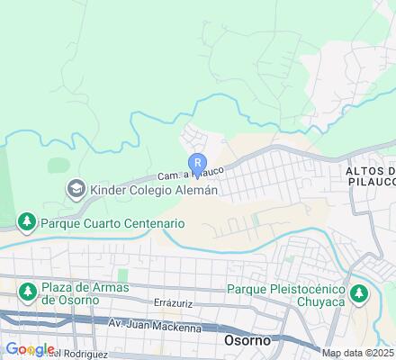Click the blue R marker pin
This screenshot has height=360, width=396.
tap(197, 163)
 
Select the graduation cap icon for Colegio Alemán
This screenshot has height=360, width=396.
tap(76, 189)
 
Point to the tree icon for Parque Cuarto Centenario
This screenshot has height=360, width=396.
tap(27, 221)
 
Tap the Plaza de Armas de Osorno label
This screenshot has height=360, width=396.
tap(85, 292)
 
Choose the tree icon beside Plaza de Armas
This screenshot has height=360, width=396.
tap(27, 292)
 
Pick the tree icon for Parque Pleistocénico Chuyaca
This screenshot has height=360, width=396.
tap(359, 293)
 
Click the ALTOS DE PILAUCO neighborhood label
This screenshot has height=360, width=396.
tap(370, 176)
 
